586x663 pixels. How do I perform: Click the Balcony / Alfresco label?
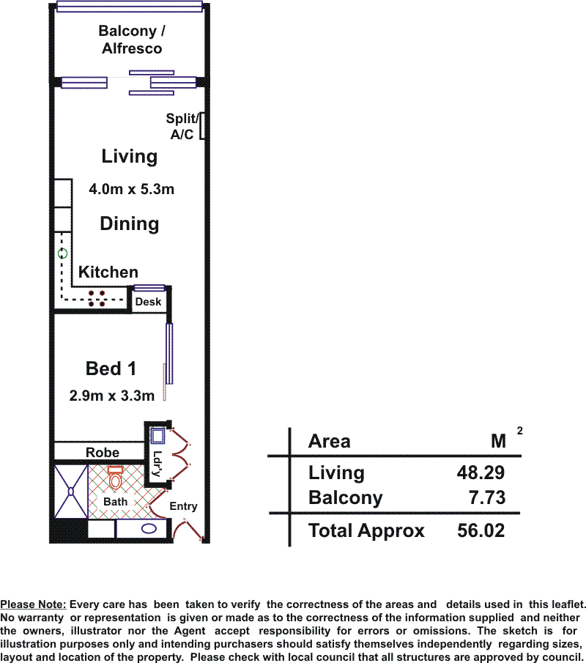pos(132,40)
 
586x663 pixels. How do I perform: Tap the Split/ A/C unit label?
pos(182,126)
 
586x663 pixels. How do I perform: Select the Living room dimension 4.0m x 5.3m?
pos(132,189)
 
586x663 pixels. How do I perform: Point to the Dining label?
pos(130,224)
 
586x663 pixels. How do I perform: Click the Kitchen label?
pos(108,272)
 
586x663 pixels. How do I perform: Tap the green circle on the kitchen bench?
pos(62,253)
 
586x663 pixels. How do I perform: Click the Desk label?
pos(148,302)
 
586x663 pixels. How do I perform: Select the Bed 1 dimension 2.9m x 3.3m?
pos(111,396)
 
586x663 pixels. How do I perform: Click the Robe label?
pos(103,453)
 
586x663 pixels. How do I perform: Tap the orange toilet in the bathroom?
pos(115,478)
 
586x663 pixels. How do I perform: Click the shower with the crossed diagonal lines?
pos(71,492)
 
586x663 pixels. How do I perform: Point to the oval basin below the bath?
pos(149,528)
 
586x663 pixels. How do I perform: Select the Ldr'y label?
pos(157,464)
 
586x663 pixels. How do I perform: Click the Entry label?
pos(183,506)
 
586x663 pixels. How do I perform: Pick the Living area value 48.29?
pos(481,473)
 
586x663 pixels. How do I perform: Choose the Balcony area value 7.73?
pos(487,497)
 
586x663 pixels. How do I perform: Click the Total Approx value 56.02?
pos(481,530)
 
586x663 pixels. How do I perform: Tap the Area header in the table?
pos(330,442)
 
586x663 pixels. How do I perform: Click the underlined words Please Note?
pos(33,604)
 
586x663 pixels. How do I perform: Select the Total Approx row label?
pos(366,531)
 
